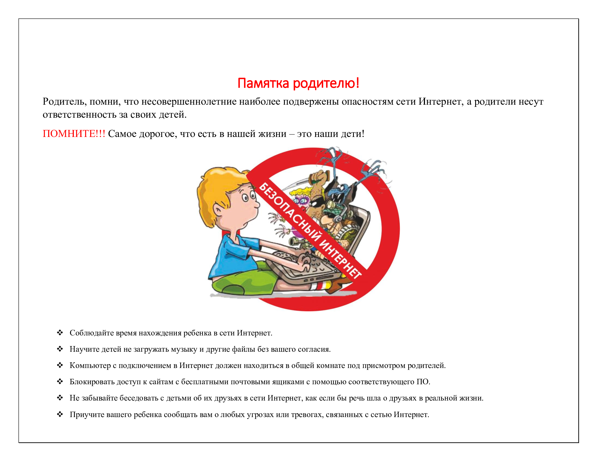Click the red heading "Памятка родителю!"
(x=298, y=83)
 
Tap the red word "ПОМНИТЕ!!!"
(x=74, y=134)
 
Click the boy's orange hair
(x=216, y=186)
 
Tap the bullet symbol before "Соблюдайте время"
(x=60, y=333)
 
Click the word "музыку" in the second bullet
(x=184, y=349)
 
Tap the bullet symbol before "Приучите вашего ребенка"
(x=60, y=414)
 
